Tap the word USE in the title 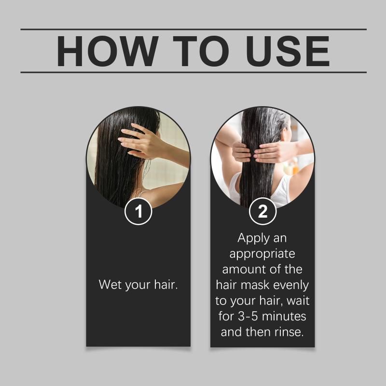pos(288,51)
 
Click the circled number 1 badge pos(138,211)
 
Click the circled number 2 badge pos(262,211)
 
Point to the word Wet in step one pos(110,284)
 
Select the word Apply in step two pos(250,238)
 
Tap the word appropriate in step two pos(262,254)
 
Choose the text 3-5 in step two pos(248,316)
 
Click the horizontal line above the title pos(193,29)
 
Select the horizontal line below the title pos(193,72)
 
